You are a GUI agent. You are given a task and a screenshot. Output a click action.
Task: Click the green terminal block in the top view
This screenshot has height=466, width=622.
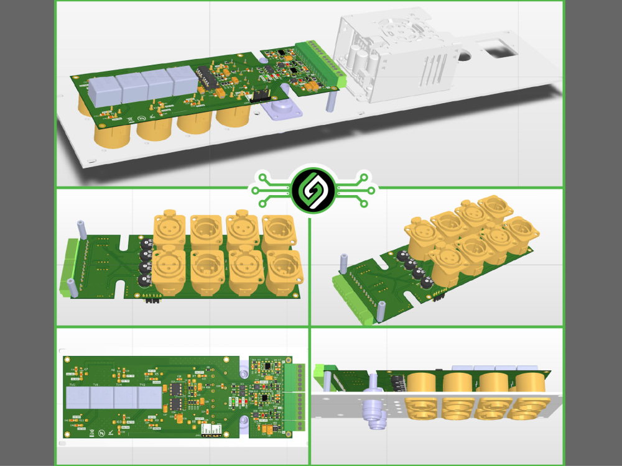coord(320,63)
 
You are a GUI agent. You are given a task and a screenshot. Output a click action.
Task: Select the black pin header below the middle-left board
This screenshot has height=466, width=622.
coord(151,301)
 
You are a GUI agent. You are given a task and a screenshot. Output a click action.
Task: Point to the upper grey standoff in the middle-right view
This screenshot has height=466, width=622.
coord(342,263)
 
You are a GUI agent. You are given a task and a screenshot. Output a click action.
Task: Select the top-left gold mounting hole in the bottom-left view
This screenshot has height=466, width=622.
coord(64,359)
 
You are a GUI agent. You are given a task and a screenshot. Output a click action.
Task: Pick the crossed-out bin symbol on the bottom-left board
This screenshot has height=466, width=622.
coord(91,431)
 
